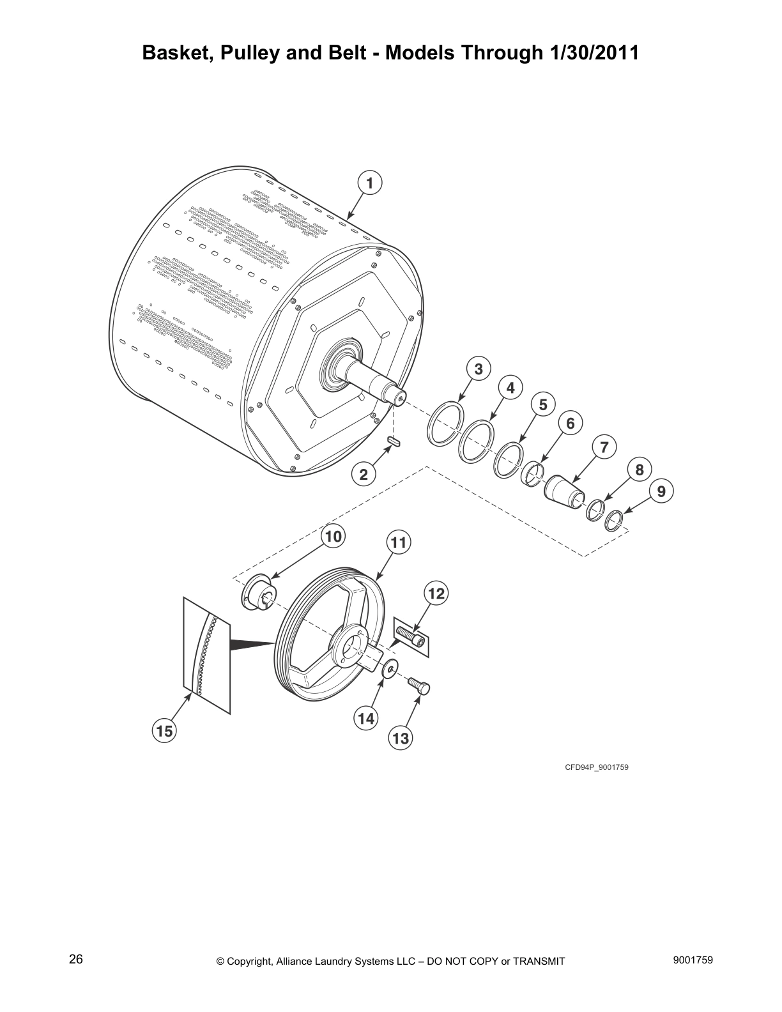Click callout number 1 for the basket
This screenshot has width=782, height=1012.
[369, 183]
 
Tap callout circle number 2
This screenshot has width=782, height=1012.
[364, 474]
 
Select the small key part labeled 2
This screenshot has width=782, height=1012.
[394, 441]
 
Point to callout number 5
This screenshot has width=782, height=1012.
[542, 404]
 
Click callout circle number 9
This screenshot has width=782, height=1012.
[661, 491]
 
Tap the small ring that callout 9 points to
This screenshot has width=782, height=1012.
[614, 520]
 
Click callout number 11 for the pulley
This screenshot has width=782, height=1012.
[398, 542]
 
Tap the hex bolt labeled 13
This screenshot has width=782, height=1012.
[420, 687]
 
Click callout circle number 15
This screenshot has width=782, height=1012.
[164, 731]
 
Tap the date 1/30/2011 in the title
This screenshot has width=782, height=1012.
[594, 52]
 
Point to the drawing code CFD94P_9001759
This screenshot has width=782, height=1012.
[595, 767]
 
